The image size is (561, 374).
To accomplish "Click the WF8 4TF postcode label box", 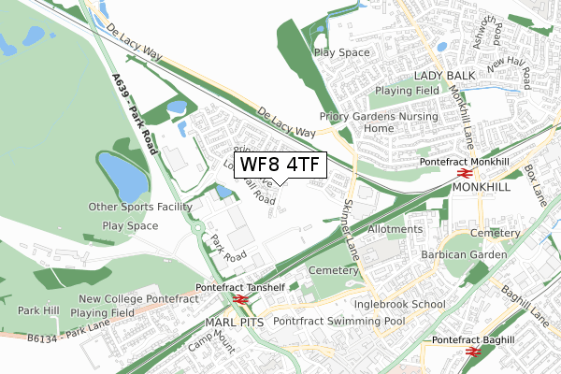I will (x=280, y=165).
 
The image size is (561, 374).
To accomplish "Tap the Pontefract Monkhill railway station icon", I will (x=463, y=174).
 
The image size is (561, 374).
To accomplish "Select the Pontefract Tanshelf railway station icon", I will (x=240, y=300).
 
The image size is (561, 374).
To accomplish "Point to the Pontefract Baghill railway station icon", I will (x=474, y=352).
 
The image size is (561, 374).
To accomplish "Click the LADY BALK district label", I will (x=445, y=74).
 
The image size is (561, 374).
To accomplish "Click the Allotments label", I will (x=396, y=229).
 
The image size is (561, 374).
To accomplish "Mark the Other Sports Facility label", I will (x=140, y=207).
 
